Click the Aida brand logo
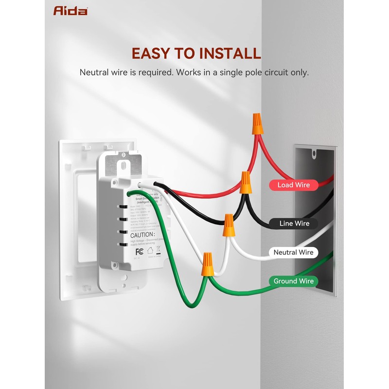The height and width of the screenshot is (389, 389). click(x=71, y=10)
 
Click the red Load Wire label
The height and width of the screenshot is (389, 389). click(x=293, y=185)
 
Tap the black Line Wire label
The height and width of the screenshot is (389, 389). click(x=294, y=224)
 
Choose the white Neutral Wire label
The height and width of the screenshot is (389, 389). click(x=293, y=252)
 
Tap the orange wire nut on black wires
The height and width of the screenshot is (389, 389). click(x=246, y=182)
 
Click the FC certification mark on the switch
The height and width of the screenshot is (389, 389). click(x=139, y=252)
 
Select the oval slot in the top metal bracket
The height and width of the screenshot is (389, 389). click(x=124, y=164)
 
